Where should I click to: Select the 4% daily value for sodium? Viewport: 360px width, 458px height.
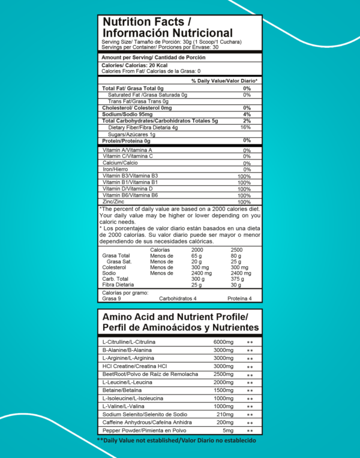tap(247, 114)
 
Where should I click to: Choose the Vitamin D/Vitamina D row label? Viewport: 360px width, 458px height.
tap(128, 189)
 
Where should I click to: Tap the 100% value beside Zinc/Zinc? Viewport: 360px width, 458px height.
tap(244, 203)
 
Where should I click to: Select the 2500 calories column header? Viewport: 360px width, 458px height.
tap(236, 249)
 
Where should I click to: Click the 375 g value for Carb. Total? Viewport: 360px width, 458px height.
tap(236, 279)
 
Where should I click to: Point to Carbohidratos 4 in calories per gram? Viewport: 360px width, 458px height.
tap(178, 298)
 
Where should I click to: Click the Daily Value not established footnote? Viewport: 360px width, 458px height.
tap(176, 441)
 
